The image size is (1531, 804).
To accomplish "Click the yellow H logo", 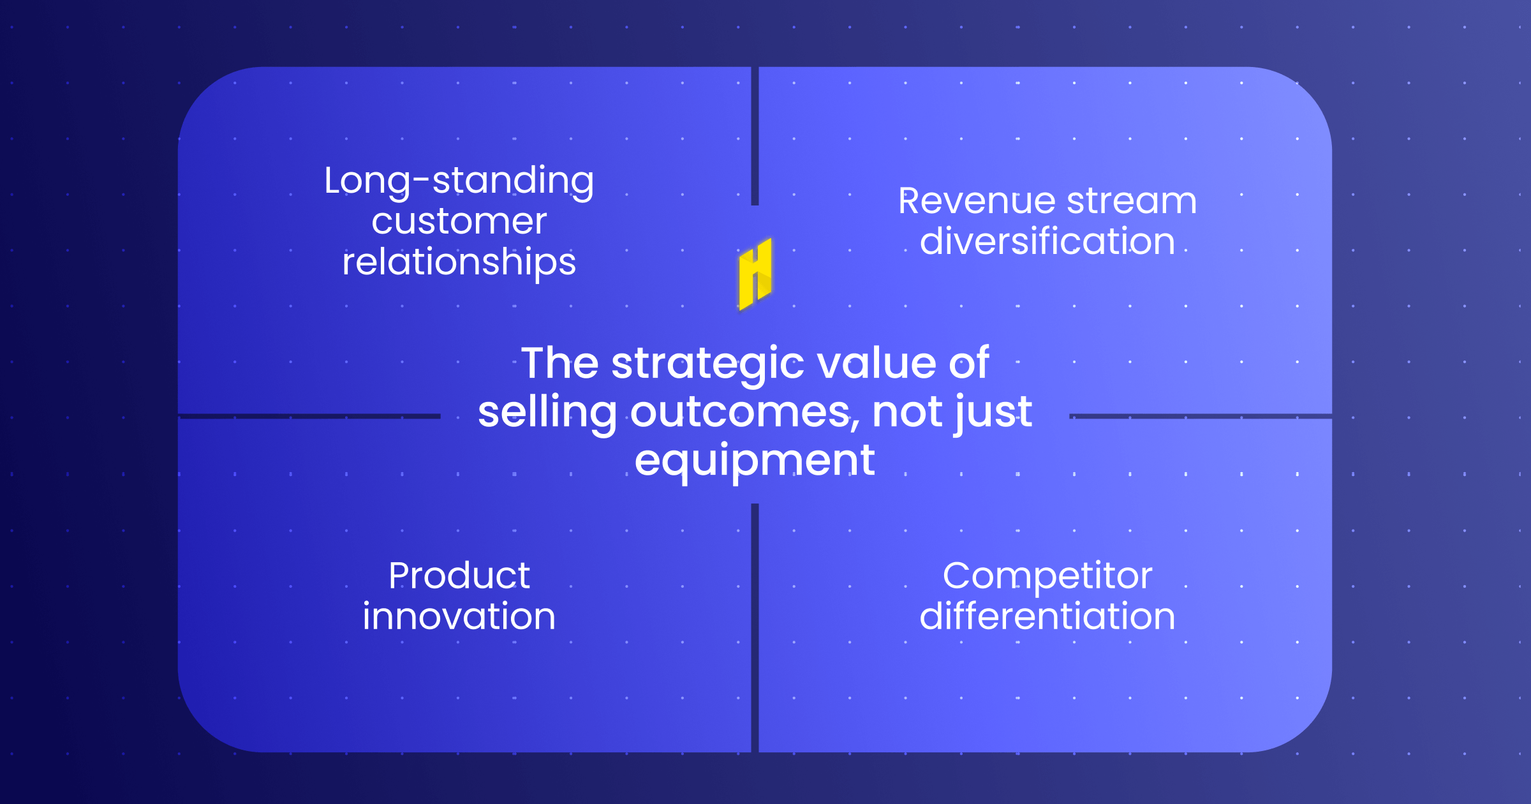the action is (755, 274).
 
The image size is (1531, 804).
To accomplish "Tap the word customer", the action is (459, 221).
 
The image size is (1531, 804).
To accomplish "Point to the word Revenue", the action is (977, 201).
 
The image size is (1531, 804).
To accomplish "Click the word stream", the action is (1132, 201).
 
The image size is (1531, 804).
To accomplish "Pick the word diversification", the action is (1047, 241).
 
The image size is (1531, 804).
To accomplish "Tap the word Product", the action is (459, 576).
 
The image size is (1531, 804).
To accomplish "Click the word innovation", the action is (459, 616).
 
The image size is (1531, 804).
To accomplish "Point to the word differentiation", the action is (1047, 616).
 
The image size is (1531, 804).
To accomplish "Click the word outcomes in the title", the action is (744, 413).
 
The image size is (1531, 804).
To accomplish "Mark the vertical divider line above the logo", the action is (755, 136).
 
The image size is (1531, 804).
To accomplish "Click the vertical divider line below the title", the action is (755, 628).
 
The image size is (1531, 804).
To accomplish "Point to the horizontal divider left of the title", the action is (309, 416).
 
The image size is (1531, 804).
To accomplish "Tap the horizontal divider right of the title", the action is (1201, 416).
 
